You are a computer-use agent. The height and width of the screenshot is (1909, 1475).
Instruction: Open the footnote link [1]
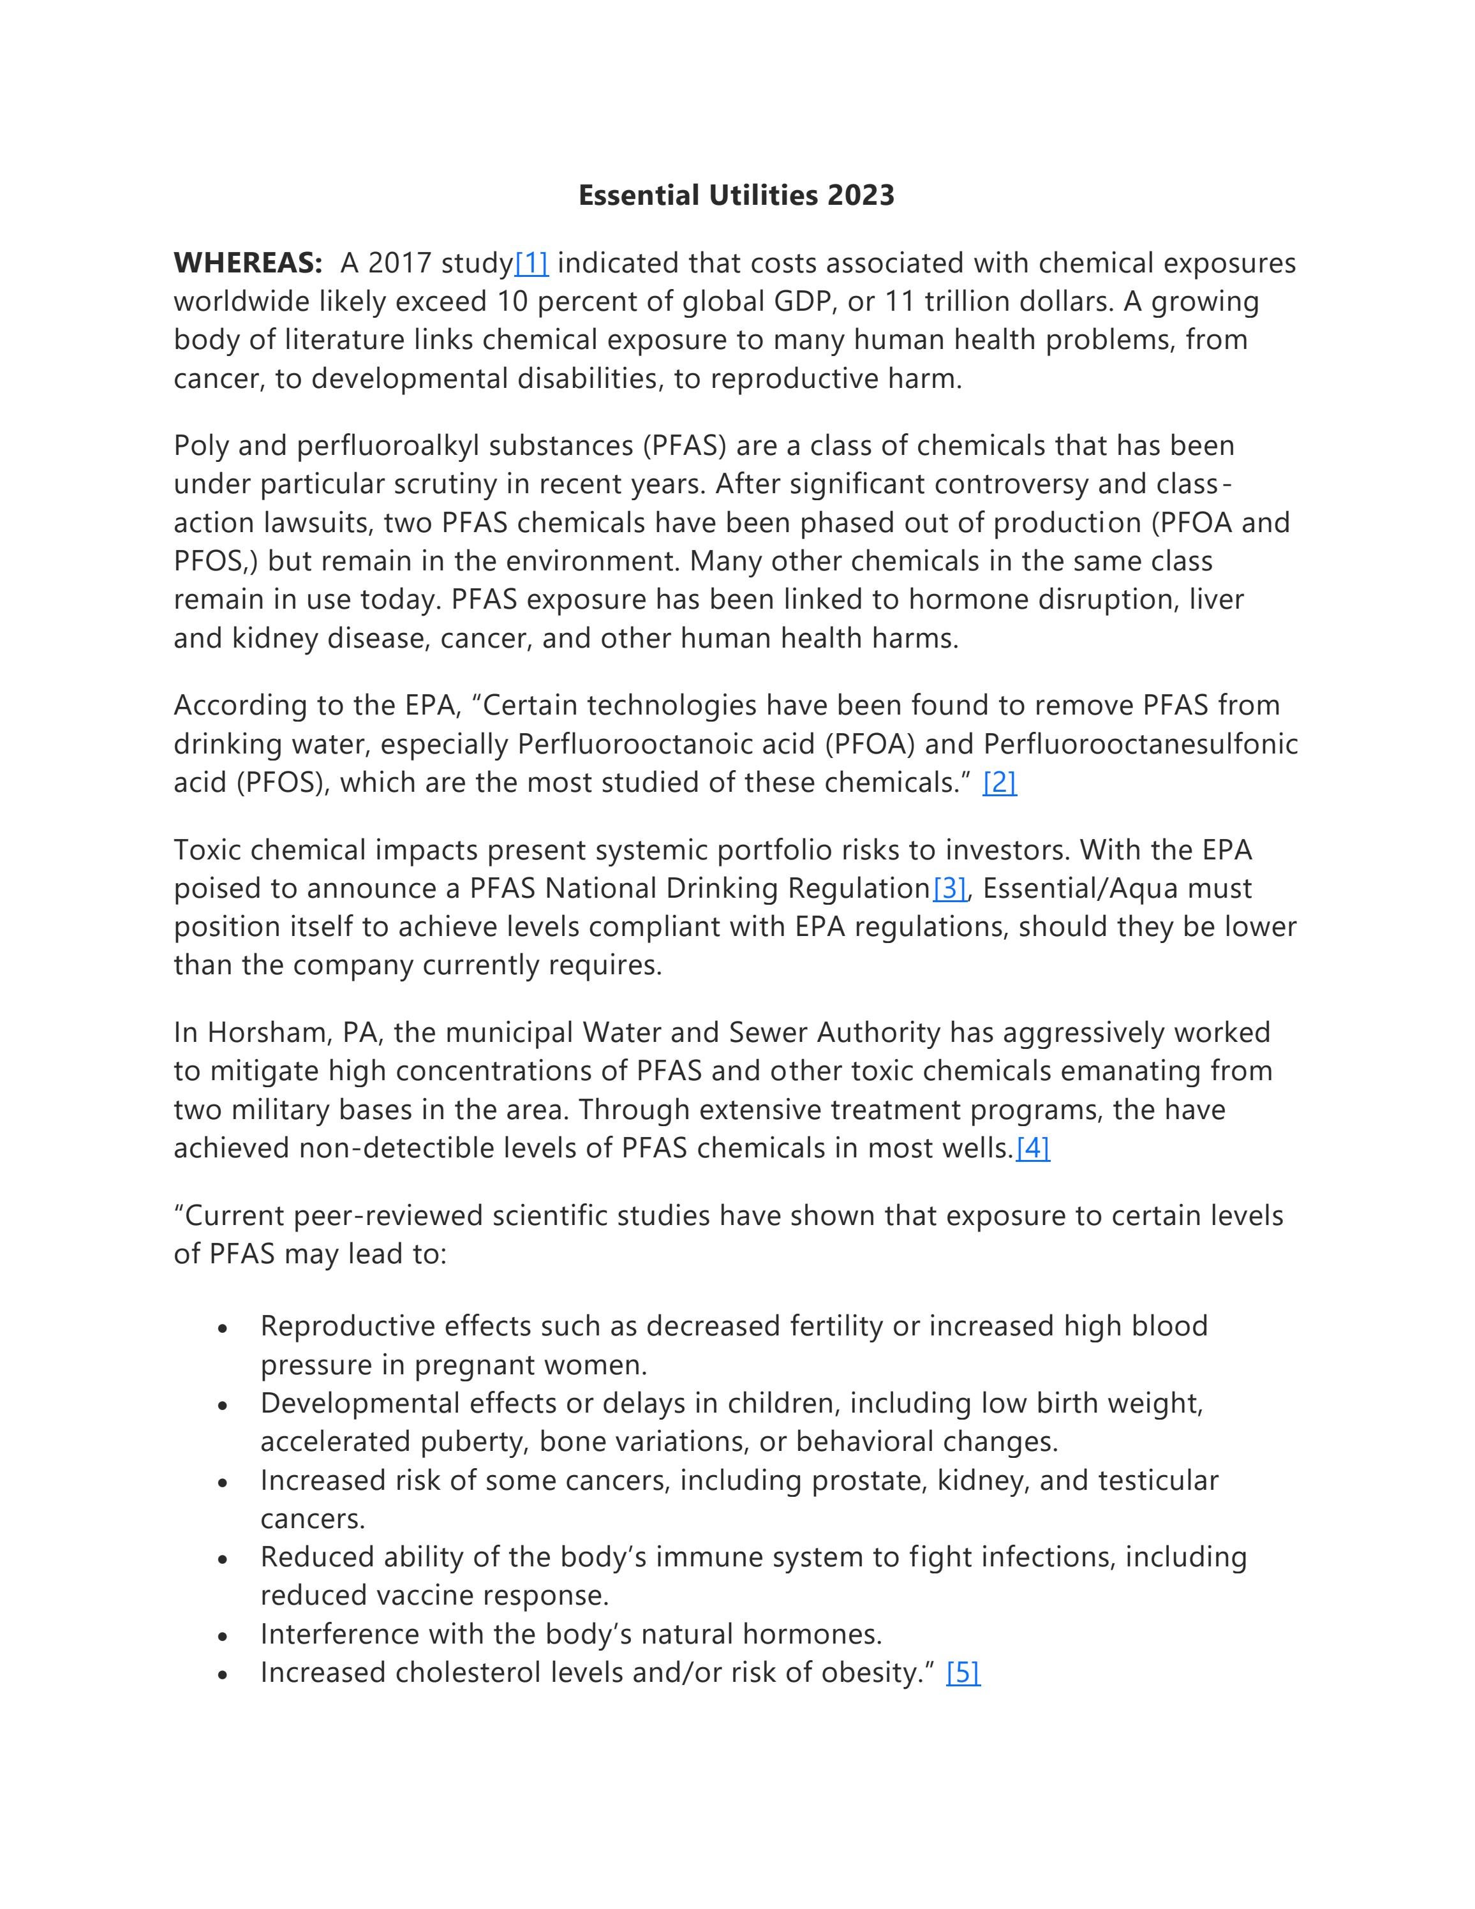[x=531, y=263]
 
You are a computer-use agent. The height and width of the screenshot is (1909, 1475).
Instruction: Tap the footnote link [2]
[x=999, y=782]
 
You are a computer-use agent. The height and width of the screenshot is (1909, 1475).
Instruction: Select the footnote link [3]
[x=949, y=889]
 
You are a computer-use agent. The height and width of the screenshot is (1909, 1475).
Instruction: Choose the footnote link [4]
[x=1032, y=1148]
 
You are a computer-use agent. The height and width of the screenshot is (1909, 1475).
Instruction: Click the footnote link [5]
[x=963, y=1673]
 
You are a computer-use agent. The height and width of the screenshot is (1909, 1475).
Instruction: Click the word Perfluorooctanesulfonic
[x=1140, y=744]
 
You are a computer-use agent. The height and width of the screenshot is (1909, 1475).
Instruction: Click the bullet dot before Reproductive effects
[x=224, y=1328]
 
